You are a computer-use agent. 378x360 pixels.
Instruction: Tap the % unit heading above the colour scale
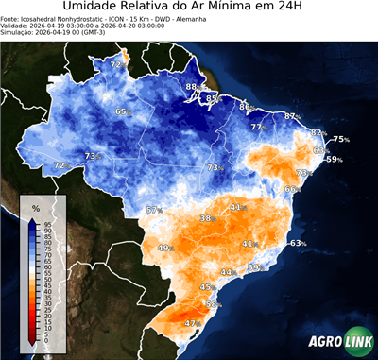(35, 207)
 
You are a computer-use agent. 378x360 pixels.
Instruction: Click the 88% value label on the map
(192, 87)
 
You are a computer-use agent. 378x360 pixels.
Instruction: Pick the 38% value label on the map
(206, 218)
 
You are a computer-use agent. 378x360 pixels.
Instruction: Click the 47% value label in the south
(192, 323)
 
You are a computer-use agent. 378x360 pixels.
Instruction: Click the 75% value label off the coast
(340, 140)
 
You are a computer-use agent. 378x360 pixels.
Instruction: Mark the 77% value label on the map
(257, 127)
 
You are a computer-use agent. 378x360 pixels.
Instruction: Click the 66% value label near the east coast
(293, 189)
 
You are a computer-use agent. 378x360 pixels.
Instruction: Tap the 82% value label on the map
(318, 133)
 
